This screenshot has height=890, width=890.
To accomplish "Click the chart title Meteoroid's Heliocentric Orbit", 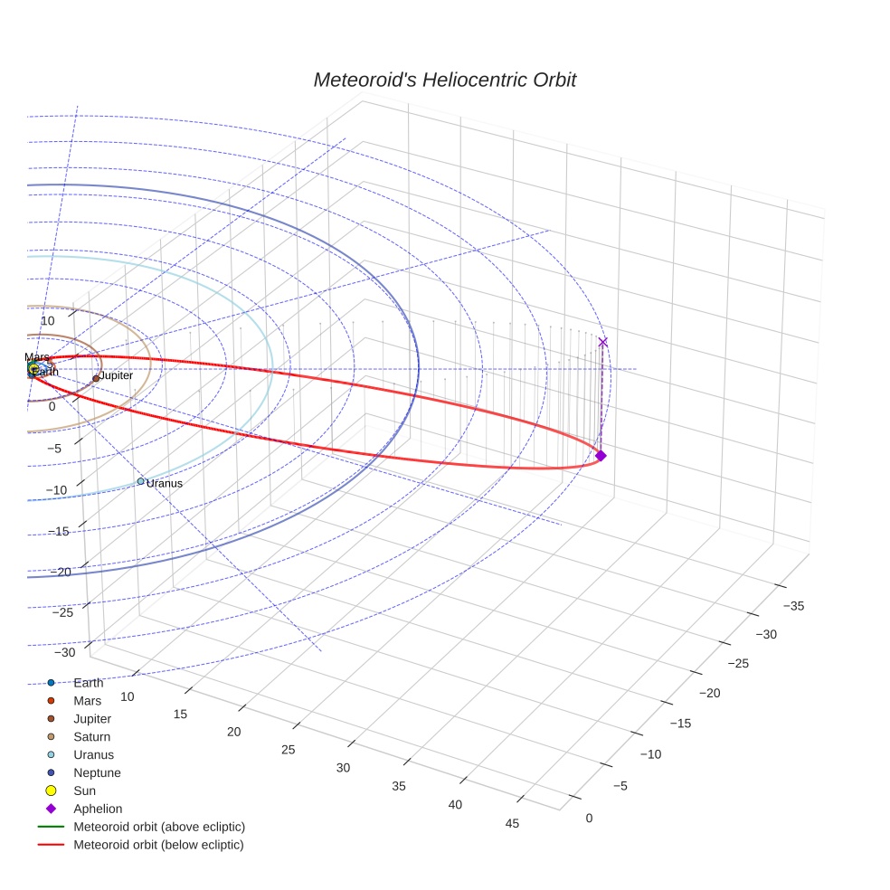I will coord(444,80).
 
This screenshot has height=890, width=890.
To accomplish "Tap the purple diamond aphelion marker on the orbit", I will coord(601,456).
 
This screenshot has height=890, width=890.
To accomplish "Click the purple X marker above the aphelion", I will coord(603,342).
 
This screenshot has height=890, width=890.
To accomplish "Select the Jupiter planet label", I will coord(116,375).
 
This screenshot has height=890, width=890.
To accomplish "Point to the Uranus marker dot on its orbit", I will coord(141,481).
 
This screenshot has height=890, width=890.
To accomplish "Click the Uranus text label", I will coord(165,484).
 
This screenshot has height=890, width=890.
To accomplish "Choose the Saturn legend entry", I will coord(91,737).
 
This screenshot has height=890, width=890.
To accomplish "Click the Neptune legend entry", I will coord(96,773).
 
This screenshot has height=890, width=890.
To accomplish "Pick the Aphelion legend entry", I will coord(97,809).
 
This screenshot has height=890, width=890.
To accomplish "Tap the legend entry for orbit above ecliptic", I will coord(158,827).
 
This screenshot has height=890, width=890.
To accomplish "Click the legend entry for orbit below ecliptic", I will coord(158,845).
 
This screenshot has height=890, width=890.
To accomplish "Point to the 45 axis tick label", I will coord(512,823).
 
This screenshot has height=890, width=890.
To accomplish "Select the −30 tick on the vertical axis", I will coord(65,653).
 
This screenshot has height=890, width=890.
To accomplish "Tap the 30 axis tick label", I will coord(343,768).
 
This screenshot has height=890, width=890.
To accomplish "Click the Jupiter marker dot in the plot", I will coord(96,379).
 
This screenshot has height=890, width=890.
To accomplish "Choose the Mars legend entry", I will coord(87,701).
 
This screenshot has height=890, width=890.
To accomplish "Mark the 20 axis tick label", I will coord(234,732).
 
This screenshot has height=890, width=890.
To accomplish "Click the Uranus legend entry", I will coord(93,755).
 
